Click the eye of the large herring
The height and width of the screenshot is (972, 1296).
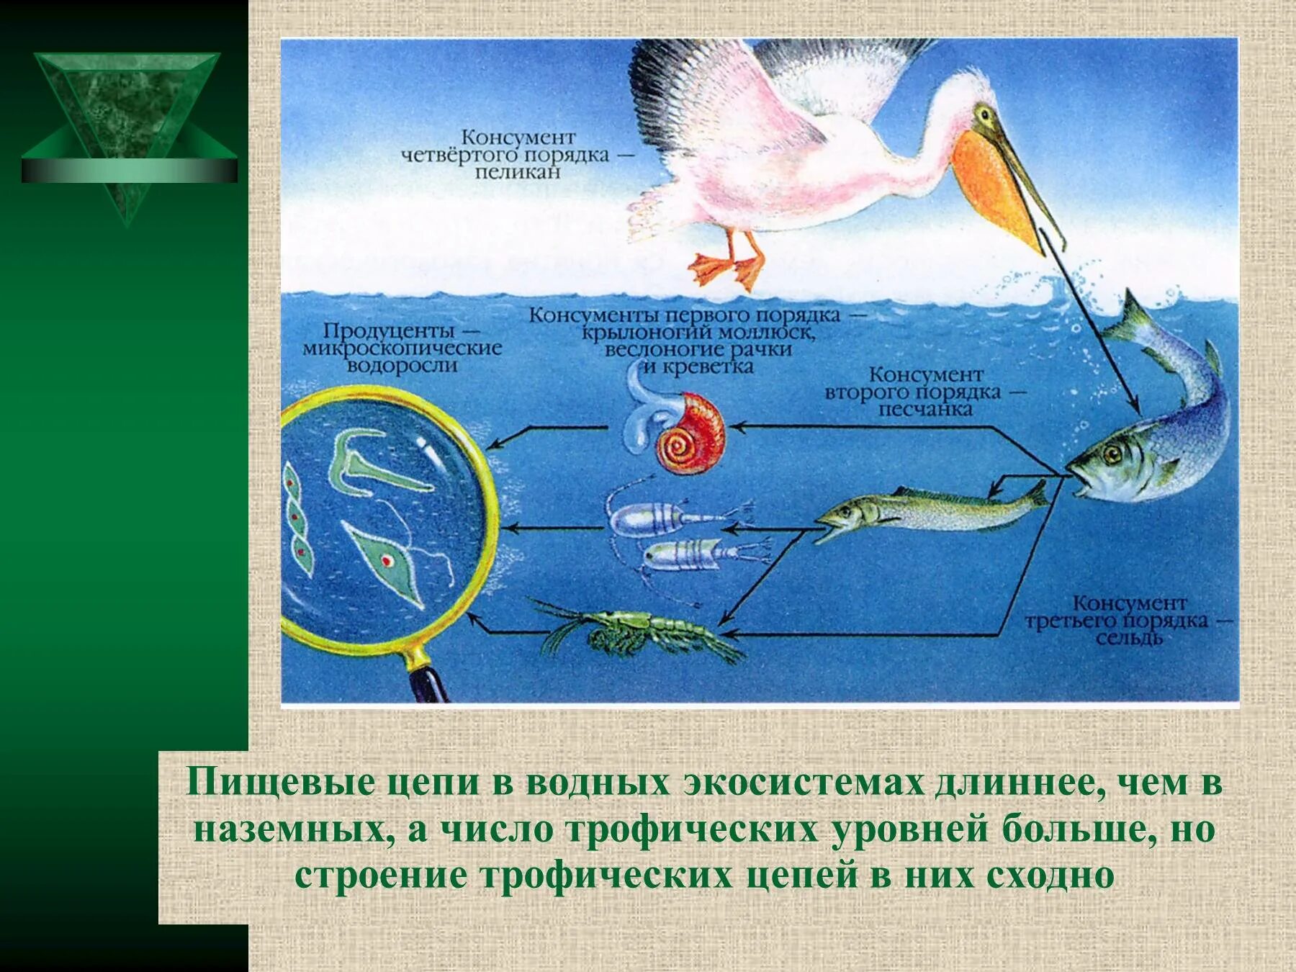point(1114,454)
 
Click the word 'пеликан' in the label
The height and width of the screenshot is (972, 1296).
point(517,173)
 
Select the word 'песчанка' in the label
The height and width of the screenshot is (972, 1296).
point(924,410)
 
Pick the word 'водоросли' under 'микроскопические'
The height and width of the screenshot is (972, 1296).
point(402,366)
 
